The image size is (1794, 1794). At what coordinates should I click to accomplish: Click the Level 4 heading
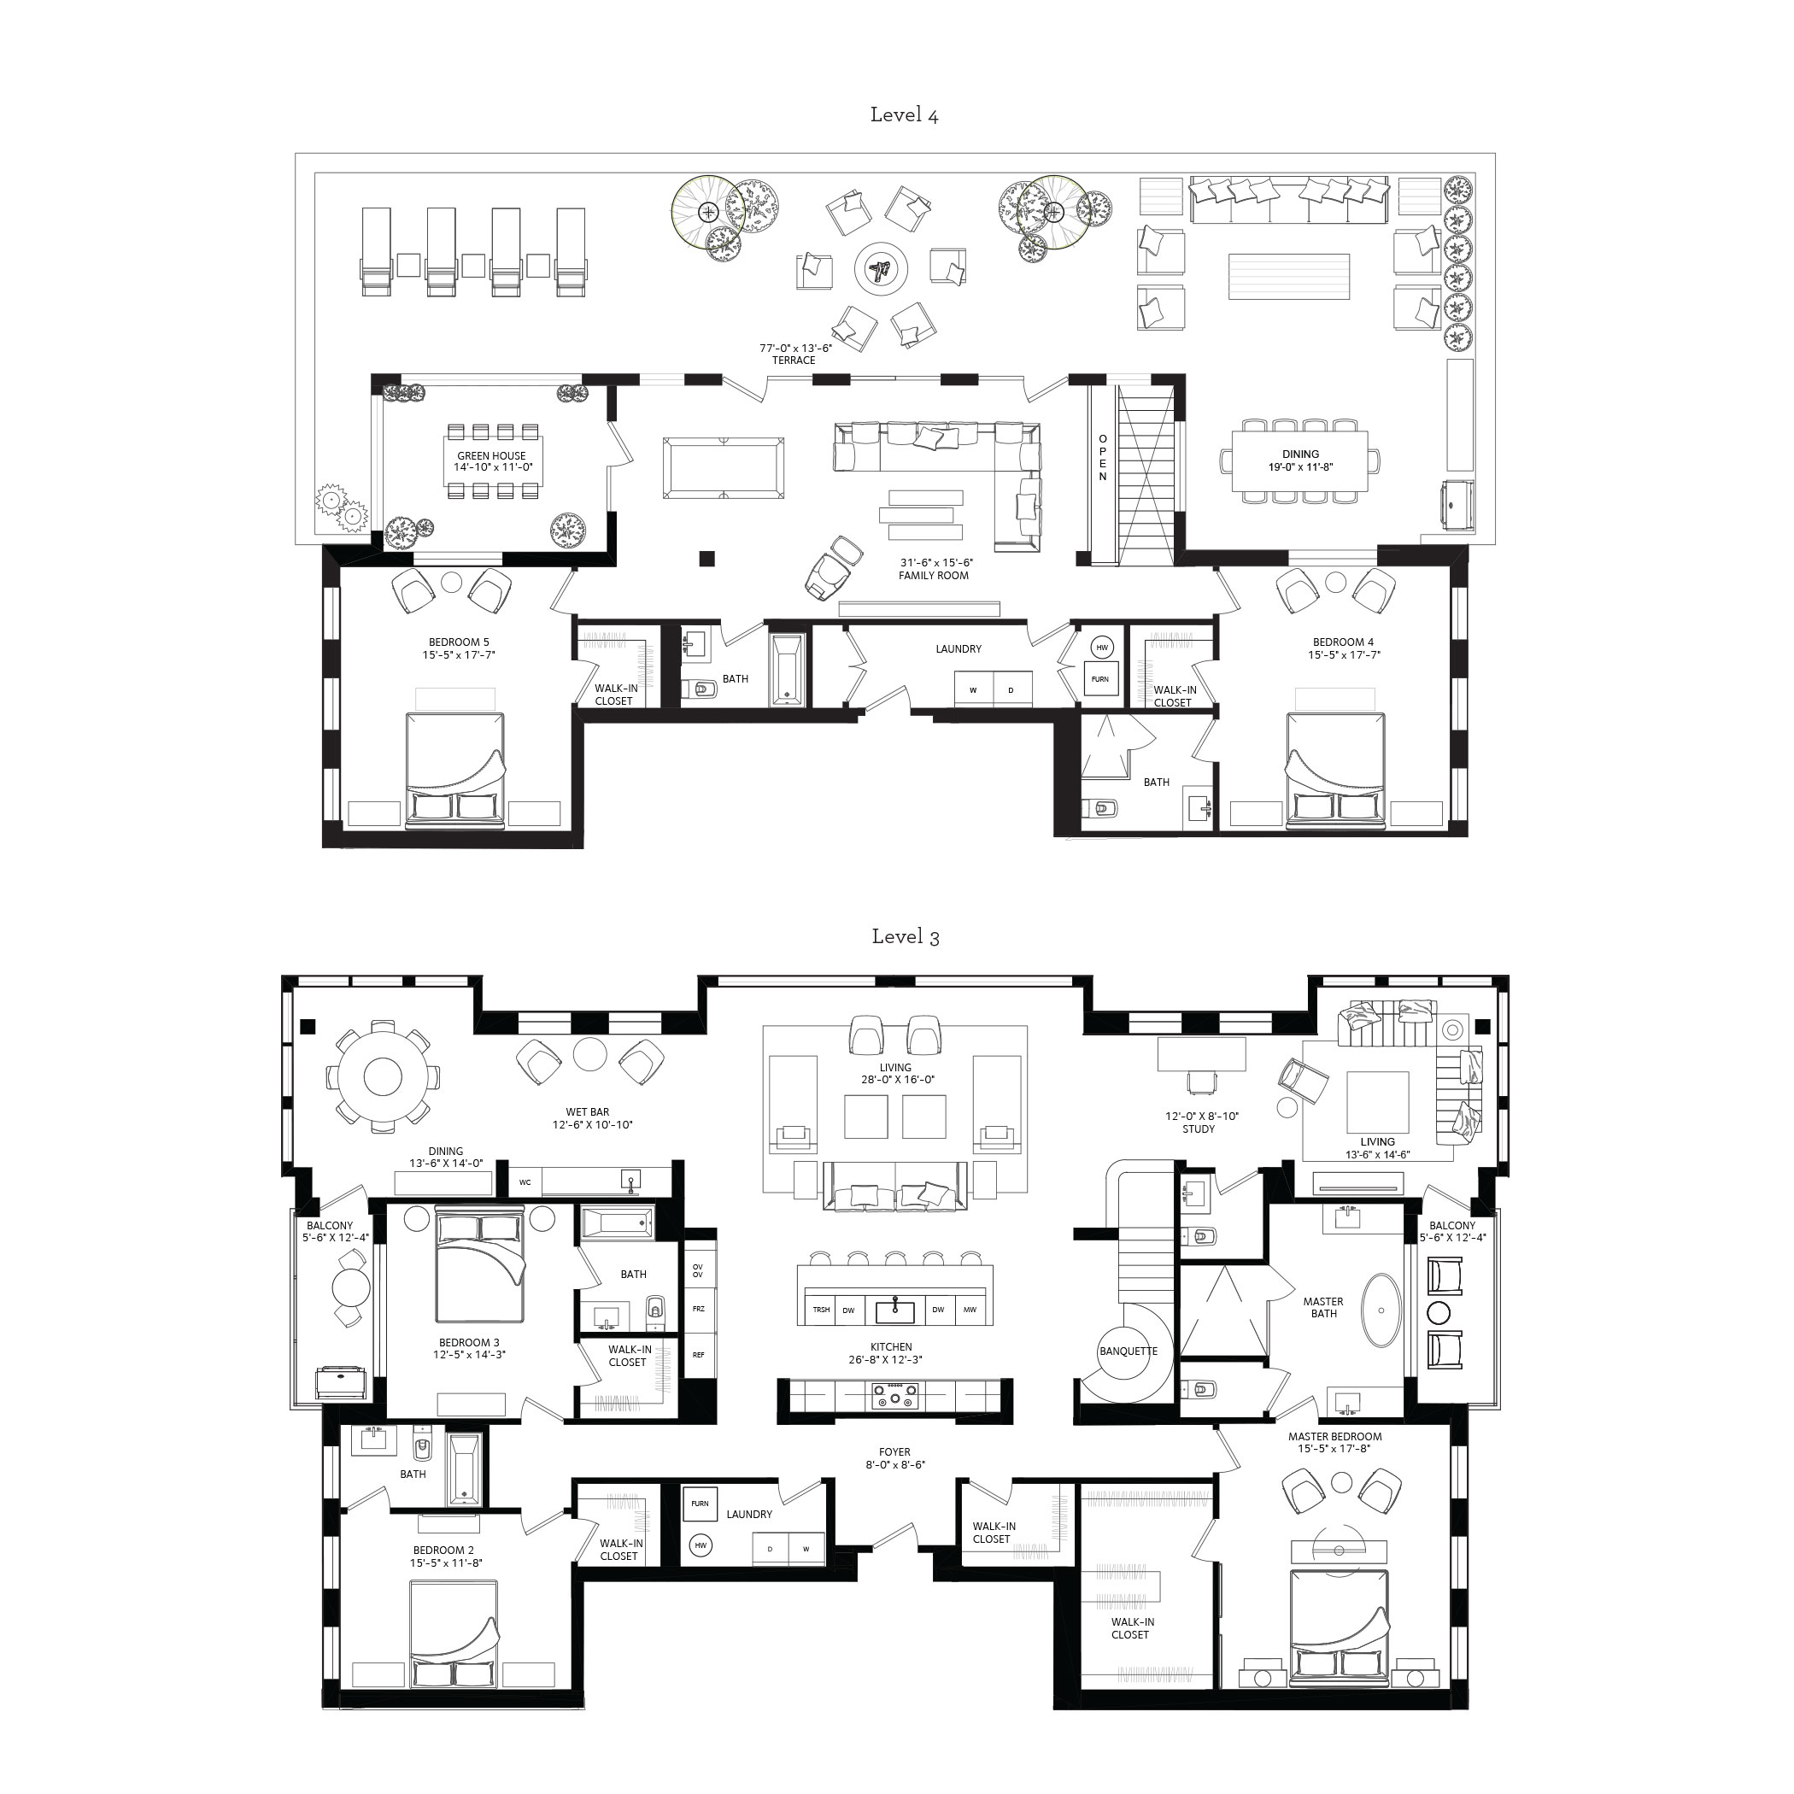tap(904, 115)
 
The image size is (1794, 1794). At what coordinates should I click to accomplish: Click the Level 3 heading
tap(905, 937)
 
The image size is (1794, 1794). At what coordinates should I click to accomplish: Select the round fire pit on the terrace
tap(879, 270)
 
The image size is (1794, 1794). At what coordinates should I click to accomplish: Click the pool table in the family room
tap(724, 469)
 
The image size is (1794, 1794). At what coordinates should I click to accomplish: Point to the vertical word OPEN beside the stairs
tap(1102, 457)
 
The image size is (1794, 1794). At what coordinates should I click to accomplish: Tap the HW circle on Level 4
tap(1101, 648)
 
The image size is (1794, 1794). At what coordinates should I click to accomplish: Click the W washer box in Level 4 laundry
tap(973, 690)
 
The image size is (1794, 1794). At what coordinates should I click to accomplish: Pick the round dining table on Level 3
tap(382, 1077)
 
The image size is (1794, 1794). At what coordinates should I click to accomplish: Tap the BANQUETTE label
tap(1128, 1351)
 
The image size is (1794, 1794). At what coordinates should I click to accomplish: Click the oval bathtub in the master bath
tap(1382, 1310)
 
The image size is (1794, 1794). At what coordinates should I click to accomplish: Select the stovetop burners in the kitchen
tap(894, 1397)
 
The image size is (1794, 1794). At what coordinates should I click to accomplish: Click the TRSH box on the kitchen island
tap(821, 1310)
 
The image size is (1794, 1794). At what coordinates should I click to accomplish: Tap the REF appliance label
tap(698, 1355)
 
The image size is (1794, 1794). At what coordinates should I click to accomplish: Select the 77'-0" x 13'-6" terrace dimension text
tap(794, 349)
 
